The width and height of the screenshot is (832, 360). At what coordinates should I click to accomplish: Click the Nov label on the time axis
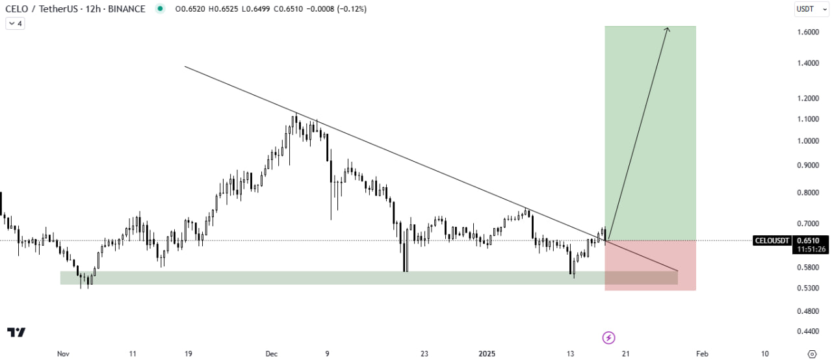pyautogui.click(x=63, y=354)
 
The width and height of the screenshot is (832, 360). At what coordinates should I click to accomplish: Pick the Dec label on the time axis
pyautogui.click(x=272, y=354)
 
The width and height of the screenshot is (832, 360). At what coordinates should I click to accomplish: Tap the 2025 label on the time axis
pyautogui.click(x=487, y=354)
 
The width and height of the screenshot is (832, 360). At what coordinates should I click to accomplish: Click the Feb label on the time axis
pyautogui.click(x=702, y=354)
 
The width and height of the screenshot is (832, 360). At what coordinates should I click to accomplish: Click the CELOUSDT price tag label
pyautogui.click(x=772, y=240)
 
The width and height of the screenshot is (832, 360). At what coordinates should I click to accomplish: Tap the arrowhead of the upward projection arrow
pyautogui.click(x=667, y=29)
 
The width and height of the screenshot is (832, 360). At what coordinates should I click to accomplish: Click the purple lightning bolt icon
pyautogui.click(x=608, y=337)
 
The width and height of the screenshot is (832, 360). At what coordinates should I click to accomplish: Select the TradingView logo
pyautogui.click(x=16, y=332)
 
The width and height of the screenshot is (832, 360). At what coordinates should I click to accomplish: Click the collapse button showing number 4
pyautogui.click(x=15, y=23)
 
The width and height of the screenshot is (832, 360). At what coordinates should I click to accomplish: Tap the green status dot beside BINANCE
pyautogui.click(x=160, y=9)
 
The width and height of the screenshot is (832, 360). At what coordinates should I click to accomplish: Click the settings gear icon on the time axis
pyautogui.click(x=811, y=354)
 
